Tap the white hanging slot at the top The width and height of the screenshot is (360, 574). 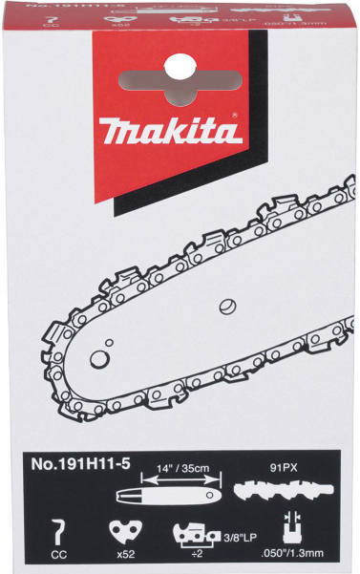pyautogui.click(x=179, y=66)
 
